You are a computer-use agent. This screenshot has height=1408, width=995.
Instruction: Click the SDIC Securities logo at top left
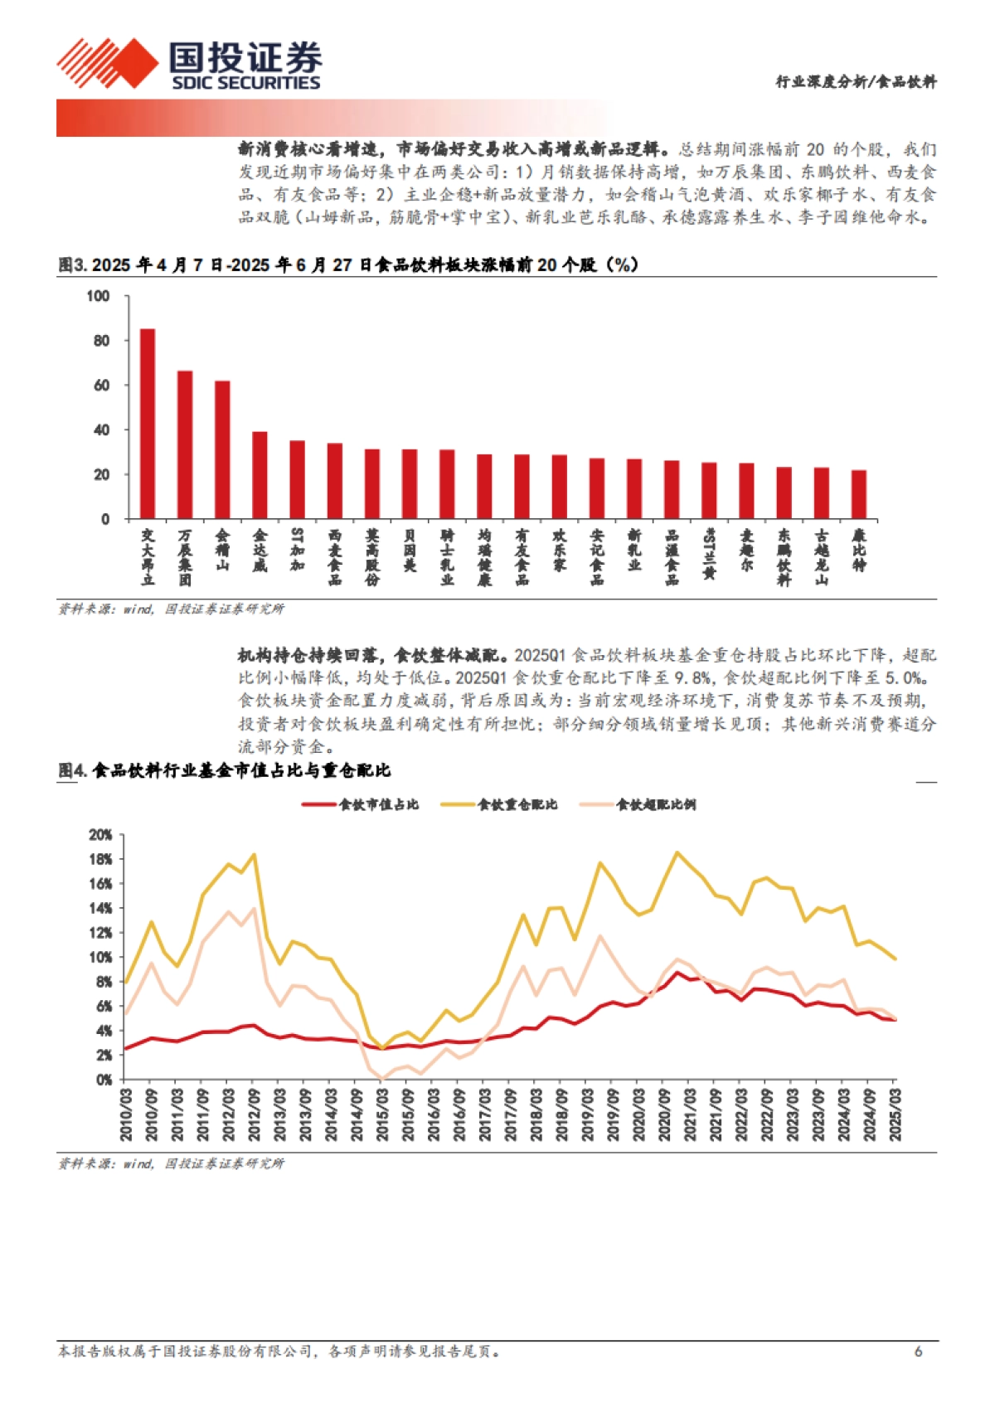click(189, 65)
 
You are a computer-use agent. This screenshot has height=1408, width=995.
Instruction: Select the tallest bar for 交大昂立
click(147, 424)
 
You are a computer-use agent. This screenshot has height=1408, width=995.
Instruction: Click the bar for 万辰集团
click(184, 444)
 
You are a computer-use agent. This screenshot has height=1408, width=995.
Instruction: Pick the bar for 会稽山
click(222, 450)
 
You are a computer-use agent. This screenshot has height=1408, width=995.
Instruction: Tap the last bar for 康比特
click(858, 494)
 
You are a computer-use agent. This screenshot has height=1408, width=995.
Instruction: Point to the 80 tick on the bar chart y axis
click(101, 341)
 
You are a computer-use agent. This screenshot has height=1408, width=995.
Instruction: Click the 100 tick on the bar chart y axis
click(98, 296)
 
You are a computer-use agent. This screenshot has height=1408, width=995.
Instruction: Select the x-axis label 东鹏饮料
click(784, 557)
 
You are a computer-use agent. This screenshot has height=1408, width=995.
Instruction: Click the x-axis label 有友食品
click(522, 557)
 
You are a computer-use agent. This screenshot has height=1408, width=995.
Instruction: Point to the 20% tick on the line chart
click(100, 835)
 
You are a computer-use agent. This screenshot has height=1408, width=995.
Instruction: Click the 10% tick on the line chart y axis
click(100, 958)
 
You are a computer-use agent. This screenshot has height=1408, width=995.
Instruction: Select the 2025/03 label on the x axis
click(895, 1115)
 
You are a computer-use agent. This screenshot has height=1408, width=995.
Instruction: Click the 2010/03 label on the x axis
click(125, 1115)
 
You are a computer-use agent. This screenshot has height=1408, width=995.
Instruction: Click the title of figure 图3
click(348, 265)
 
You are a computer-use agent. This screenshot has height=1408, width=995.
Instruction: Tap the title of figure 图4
click(224, 770)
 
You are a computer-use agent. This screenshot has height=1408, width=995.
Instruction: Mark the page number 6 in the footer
click(918, 1352)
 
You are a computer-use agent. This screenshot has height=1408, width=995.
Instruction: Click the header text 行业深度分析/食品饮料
click(856, 81)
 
